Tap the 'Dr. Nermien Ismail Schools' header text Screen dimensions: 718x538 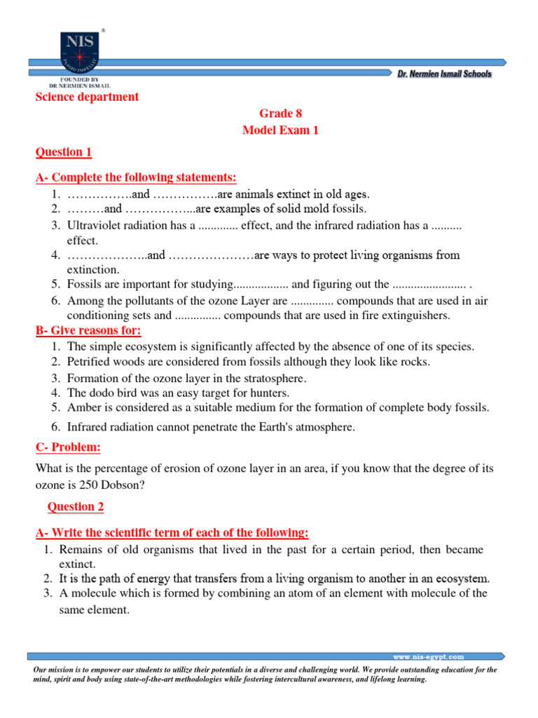pyautogui.click(x=444, y=74)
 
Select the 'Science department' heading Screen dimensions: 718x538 pyautogui.click(x=88, y=97)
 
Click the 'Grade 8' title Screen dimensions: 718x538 pyautogui.click(x=280, y=113)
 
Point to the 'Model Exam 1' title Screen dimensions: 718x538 pyautogui.click(x=280, y=130)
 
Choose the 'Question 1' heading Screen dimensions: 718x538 pyautogui.click(x=64, y=152)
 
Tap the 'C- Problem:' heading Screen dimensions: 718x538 pyautogui.click(x=68, y=447)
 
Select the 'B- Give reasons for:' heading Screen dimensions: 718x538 pyautogui.click(x=88, y=330)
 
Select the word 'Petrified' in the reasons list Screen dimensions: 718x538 pyautogui.click(x=89, y=362)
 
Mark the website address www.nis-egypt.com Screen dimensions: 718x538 pyautogui.click(x=428, y=657)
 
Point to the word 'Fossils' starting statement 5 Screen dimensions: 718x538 pyautogui.click(x=83, y=284)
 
